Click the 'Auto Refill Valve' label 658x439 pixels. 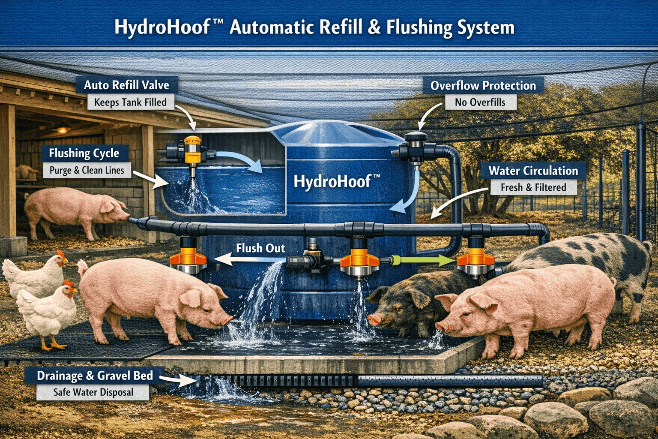tap(127, 85)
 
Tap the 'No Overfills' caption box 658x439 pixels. tap(480, 102)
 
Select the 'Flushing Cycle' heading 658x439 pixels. tap(84, 153)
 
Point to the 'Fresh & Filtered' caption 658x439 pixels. tap(533, 187)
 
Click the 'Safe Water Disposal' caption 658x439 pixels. tap(93, 392)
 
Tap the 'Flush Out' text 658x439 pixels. tap(260, 248)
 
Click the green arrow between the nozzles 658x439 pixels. tap(423, 260)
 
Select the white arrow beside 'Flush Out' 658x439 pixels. tap(250, 260)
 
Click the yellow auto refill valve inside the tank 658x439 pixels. tap(192, 150)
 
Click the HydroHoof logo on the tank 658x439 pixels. tap(337, 181)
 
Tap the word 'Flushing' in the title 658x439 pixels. tap(419, 28)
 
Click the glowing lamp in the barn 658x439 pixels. tap(63, 129)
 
